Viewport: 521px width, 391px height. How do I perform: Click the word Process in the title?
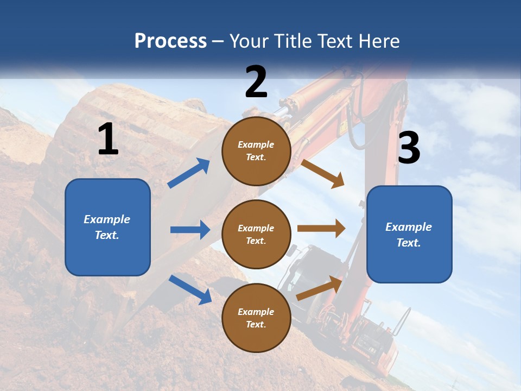point(170,41)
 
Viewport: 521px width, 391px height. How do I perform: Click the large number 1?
point(108,140)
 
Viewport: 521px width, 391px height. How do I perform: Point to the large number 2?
point(256,82)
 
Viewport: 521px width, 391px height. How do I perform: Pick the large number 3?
point(409,148)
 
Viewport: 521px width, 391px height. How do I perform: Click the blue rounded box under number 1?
point(107,227)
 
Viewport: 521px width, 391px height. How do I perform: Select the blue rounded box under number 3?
point(409,234)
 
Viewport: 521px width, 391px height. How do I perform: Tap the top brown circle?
point(256,151)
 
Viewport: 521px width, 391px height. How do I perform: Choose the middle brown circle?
point(256,234)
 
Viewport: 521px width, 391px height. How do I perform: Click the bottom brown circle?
point(256,318)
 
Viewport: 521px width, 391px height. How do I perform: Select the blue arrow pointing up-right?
point(189,173)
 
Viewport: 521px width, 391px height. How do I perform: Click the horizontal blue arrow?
point(190,230)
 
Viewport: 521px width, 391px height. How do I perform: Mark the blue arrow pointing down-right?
point(190,289)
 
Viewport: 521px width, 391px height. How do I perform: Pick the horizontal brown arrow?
point(321,229)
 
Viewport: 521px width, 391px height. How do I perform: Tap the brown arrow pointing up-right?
point(320,288)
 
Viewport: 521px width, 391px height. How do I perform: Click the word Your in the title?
point(250,41)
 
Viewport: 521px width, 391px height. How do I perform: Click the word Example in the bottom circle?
point(256,312)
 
